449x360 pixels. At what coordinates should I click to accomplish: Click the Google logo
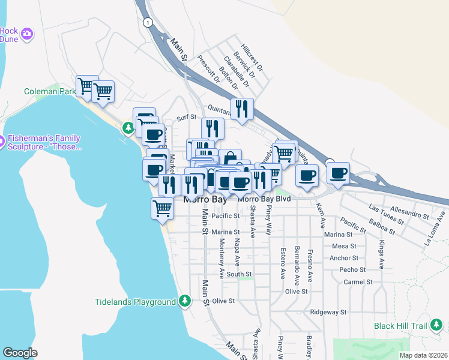(20, 352)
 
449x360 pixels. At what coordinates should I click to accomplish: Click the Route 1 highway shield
(147, 22)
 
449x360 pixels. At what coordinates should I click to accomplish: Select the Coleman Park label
(50, 92)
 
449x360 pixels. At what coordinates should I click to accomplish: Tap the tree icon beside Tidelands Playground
(185, 301)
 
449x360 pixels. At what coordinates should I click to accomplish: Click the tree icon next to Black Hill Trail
(439, 326)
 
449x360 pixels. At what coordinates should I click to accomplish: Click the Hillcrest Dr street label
(252, 57)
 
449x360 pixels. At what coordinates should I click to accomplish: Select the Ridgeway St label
(329, 312)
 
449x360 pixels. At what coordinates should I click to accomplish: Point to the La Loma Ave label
(435, 229)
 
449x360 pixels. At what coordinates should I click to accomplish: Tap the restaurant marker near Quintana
(243, 109)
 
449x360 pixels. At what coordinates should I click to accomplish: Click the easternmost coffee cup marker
(339, 173)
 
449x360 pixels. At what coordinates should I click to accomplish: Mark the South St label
(239, 274)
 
